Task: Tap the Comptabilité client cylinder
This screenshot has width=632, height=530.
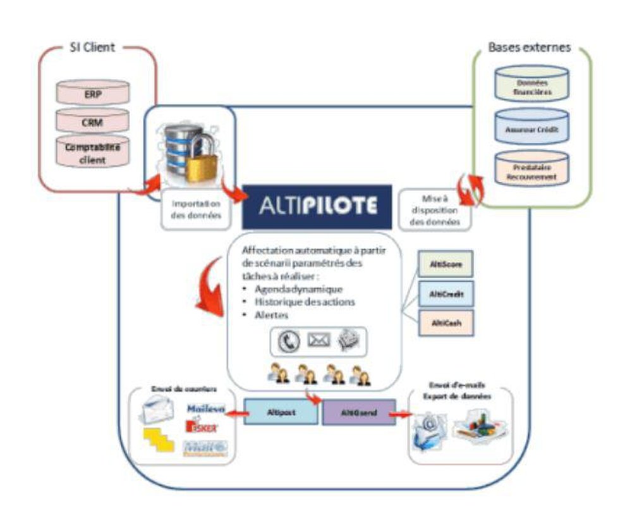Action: point(92,152)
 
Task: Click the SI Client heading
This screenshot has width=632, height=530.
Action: point(92,48)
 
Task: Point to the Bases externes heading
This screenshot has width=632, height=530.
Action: point(530,48)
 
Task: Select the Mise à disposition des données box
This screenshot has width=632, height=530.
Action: point(435,209)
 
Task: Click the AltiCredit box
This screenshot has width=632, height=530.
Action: point(446,294)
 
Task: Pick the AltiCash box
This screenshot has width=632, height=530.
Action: point(446,323)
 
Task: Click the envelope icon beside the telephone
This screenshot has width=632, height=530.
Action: point(319,340)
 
